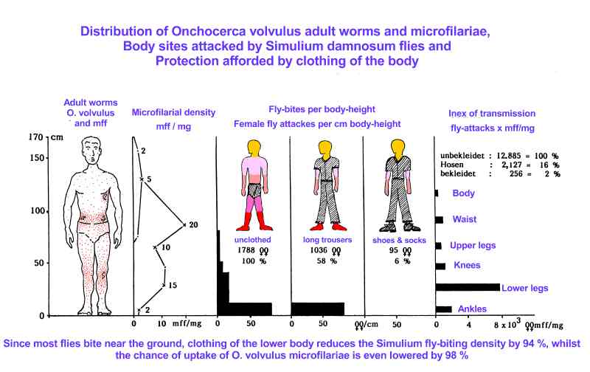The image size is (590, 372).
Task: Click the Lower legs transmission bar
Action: [x=468, y=287]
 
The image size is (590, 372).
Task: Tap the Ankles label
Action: [x=472, y=309]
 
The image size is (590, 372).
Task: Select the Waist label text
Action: [x=465, y=219]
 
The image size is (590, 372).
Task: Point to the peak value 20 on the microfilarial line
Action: [x=193, y=225]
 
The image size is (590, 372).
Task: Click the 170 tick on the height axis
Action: [x=36, y=137]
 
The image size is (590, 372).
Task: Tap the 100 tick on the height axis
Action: [x=38, y=210]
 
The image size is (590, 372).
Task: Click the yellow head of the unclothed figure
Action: [x=254, y=147]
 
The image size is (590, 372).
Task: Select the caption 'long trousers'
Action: [x=327, y=240]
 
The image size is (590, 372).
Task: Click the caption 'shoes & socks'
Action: [x=399, y=240]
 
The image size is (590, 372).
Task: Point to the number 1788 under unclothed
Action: [x=246, y=249]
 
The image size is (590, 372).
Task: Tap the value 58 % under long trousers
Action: [x=327, y=261]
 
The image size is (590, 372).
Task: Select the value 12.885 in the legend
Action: [x=509, y=156]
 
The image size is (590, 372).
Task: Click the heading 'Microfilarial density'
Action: [x=173, y=112]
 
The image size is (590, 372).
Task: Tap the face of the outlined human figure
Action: [x=91, y=151]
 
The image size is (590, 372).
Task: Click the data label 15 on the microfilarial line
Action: [x=173, y=285]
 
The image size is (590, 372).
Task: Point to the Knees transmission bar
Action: [x=440, y=266]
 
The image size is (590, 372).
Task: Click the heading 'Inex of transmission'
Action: [x=492, y=114]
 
